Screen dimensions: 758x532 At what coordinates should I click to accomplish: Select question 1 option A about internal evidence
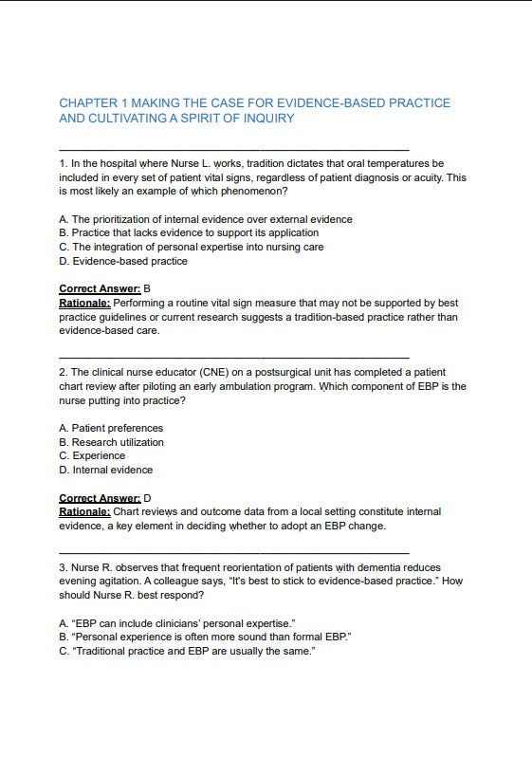tap(205, 219)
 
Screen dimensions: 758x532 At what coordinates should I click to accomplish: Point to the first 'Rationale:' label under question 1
tap(84, 303)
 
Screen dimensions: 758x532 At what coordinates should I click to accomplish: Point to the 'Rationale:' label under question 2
tap(84, 511)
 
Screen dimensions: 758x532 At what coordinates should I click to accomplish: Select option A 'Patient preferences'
tap(110, 428)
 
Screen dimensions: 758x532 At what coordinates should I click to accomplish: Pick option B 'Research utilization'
tap(111, 442)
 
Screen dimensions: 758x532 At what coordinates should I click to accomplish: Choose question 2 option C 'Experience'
tap(92, 455)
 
